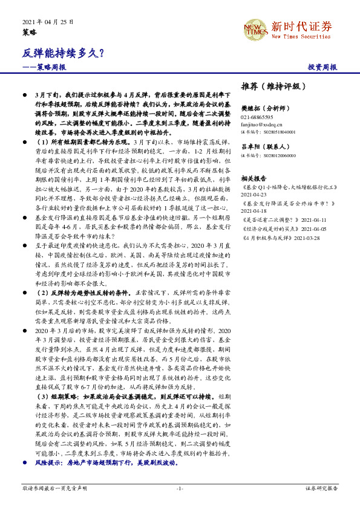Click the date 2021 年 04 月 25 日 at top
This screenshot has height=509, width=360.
click(47, 21)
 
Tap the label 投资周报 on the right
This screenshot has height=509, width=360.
click(322, 68)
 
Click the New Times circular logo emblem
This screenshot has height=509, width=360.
click(255, 28)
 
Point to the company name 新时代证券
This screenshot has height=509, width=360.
click(301, 26)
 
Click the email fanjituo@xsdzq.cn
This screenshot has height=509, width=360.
click(261, 124)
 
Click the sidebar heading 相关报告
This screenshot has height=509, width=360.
click(254, 179)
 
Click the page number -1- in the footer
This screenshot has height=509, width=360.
click(180, 488)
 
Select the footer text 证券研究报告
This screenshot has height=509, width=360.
click(322, 488)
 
